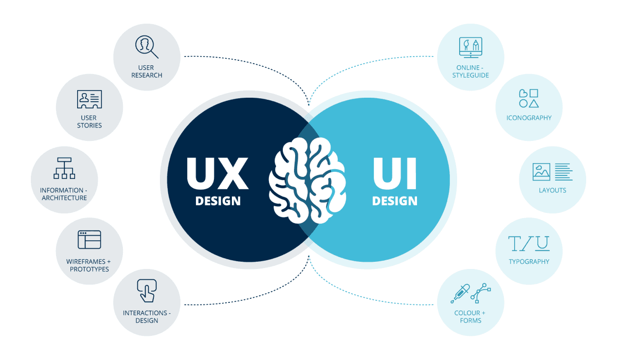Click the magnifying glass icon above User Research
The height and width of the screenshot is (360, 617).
(x=147, y=47)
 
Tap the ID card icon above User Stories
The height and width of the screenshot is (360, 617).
(x=89, y=99)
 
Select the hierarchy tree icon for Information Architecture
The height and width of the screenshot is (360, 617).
(x=64, y=168)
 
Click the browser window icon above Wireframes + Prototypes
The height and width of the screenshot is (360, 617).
(x=89, y=240)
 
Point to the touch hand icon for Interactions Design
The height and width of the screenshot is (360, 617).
(x=147, y=291)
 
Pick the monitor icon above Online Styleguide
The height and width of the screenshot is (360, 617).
(x=470, y=47)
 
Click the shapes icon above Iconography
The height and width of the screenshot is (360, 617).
(x=529, y=98)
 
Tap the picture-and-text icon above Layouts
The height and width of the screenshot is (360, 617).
(x=553, y=172)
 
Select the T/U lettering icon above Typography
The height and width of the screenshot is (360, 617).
(x=529, y=243)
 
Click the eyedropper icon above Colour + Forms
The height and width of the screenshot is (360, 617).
(x=460, y=294)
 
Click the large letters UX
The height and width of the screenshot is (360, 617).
(x=217, y=173)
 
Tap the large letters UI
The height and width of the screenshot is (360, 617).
(x=395, y=173)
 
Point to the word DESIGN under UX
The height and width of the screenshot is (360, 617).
(x=218, y=201)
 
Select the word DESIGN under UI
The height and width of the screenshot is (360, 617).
(x=395, y=201)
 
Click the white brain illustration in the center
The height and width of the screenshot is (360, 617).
(x=307, y=181)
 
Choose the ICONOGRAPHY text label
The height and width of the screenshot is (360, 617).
(x=529, y=118)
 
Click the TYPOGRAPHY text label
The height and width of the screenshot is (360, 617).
(x=529, y=262)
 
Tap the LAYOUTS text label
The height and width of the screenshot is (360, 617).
(x=553, y=190)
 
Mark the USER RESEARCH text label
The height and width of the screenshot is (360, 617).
(x=147, y=71)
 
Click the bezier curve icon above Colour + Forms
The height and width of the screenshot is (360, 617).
(x=481, y=293)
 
